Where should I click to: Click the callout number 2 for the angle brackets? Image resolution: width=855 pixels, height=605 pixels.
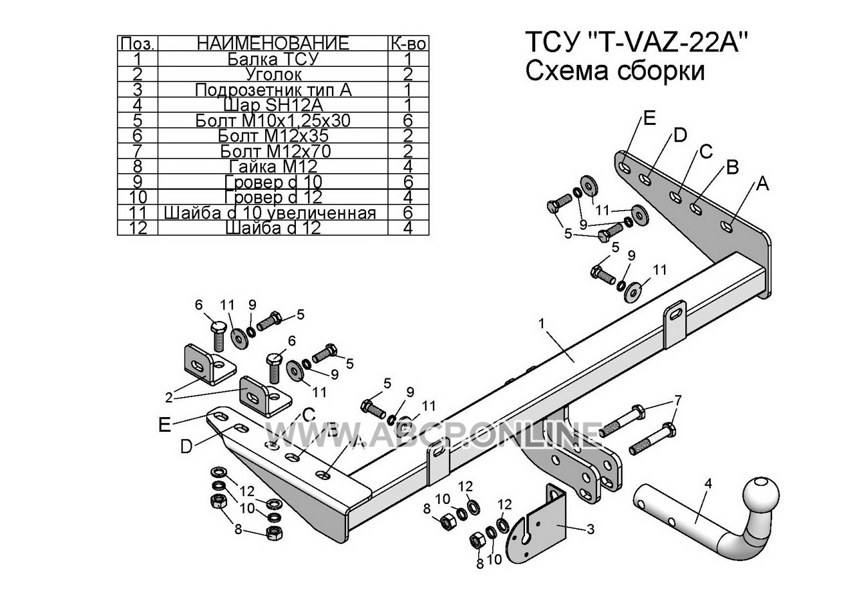[170, 397]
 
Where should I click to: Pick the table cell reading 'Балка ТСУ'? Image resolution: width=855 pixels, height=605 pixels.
[273, 59]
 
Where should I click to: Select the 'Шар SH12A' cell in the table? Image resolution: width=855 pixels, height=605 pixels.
[273, 105]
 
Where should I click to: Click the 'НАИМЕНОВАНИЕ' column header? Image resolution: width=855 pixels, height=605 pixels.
[273, 43]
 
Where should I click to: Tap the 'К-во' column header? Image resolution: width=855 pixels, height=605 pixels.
[407, 43]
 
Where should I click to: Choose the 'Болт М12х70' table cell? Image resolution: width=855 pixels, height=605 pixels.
[273, 151]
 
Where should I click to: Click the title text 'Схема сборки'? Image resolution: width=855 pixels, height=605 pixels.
[615, 70]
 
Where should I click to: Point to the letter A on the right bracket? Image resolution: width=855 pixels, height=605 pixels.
[762, 185]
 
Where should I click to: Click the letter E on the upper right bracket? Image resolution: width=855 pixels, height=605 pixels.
[649, 119]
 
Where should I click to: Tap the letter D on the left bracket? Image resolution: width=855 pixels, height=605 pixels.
[188, 446]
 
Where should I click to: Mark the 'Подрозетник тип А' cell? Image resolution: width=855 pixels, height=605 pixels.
[273, 90]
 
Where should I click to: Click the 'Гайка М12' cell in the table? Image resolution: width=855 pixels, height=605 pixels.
[273, 166]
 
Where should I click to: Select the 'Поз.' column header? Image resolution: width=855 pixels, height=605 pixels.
[137, 43]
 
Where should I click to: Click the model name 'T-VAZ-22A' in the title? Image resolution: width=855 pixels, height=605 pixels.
[667, 43]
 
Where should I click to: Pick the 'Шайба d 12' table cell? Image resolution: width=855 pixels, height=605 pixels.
[273, 228]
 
